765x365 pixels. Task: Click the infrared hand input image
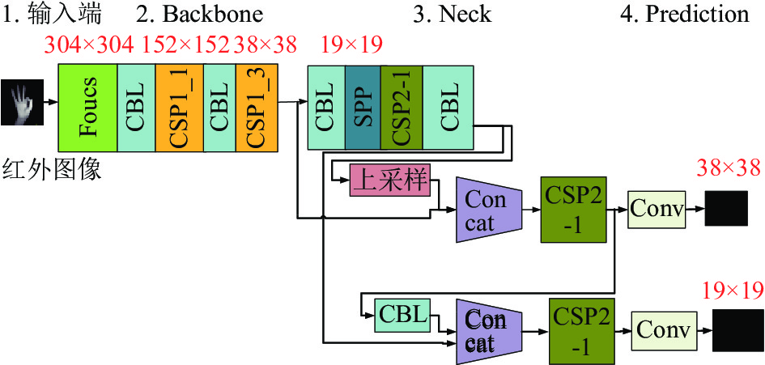[22, 103]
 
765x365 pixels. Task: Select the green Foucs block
[87, 108]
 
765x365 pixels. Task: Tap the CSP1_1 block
[180, 108]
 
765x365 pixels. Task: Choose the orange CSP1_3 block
[257, 108]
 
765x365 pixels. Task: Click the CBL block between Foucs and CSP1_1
[137, 108]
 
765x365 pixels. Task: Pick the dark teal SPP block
[363, 108]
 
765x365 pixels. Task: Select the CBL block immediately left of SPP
[326, 108]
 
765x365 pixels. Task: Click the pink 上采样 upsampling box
[390, 180]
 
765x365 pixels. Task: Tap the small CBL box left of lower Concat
[403, 314]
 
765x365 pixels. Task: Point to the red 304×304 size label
[88, 45]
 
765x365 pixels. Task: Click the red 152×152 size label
[186, 45]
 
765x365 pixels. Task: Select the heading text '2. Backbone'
[199, 14]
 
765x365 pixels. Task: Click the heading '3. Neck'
[452, 14]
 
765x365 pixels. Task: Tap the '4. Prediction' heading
[685, 14]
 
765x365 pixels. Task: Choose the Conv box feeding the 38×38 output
[657, 209]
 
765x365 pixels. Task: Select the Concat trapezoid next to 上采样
[489, 210]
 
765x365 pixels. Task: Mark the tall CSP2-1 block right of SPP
[402, 108]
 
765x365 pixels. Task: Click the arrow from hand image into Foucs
[51, 103]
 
